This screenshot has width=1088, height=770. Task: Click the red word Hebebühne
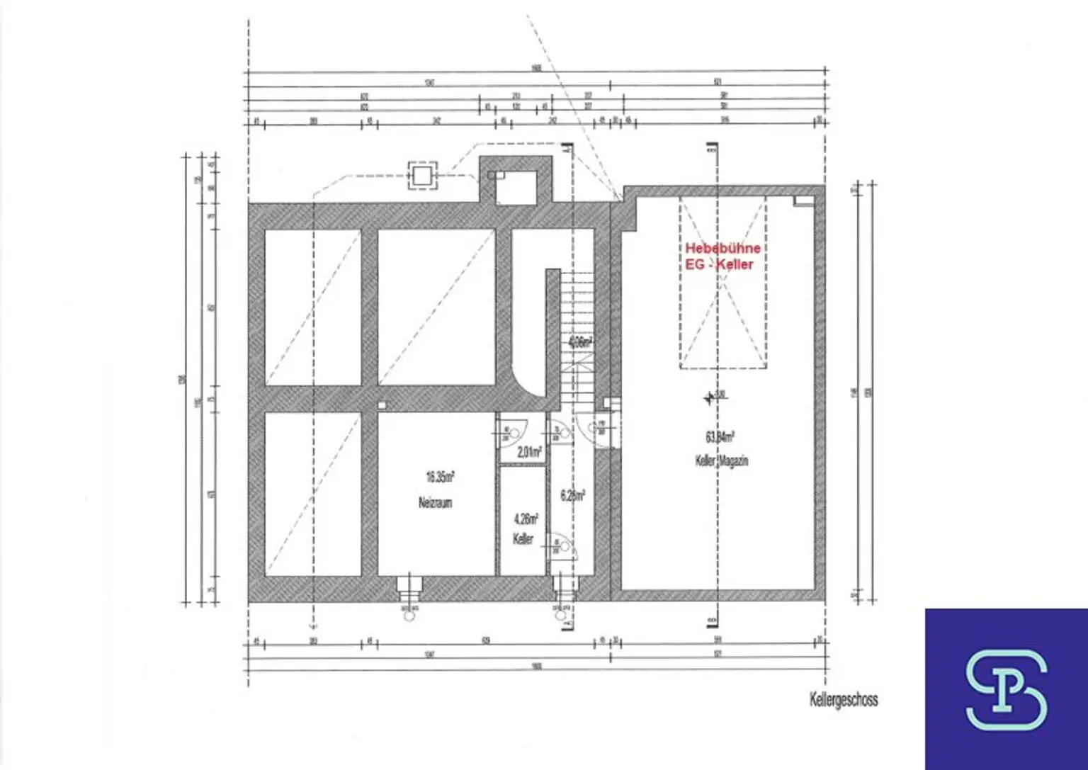click(722, 249)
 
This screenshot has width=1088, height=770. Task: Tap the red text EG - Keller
click(718, 264)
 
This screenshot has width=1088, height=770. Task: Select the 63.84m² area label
click(718, 437)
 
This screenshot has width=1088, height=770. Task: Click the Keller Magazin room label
click(721, 461)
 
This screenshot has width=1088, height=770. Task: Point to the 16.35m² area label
click(440, 477)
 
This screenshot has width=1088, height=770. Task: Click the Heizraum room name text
click(435, 503)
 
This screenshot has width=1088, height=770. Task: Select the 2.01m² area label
click(529, 451)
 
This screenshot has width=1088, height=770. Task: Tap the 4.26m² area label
click(525, 519)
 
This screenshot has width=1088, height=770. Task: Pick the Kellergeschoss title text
click(844, 700)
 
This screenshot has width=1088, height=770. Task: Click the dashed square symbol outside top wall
click(421, 176)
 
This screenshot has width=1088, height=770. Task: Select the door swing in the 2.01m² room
click(512, 430)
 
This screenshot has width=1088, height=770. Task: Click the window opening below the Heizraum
click(409, 587)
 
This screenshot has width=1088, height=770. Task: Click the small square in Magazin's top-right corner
click(803, 201)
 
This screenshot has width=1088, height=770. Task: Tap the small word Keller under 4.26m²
click(523, 540)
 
